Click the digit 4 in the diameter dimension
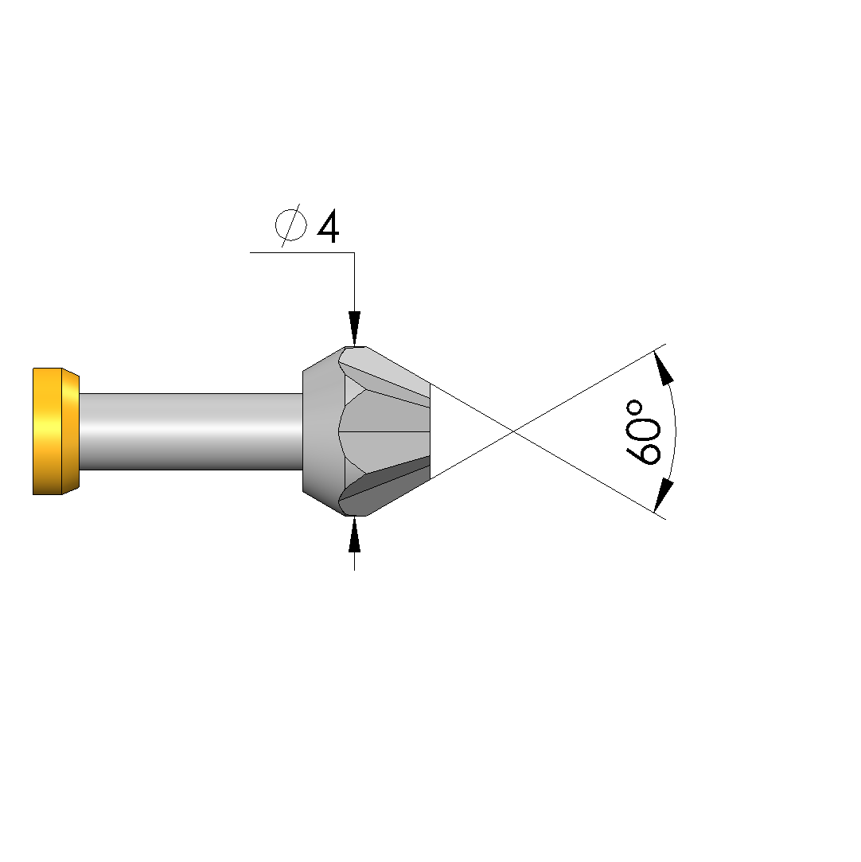[328, 227]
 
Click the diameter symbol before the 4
[290, 224]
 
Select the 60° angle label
[642, 433]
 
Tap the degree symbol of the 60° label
[634, 408]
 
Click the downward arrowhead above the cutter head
[354, 329]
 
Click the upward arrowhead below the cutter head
[354, 534]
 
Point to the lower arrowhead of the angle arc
[663, 495]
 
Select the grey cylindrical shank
[191, 431]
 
